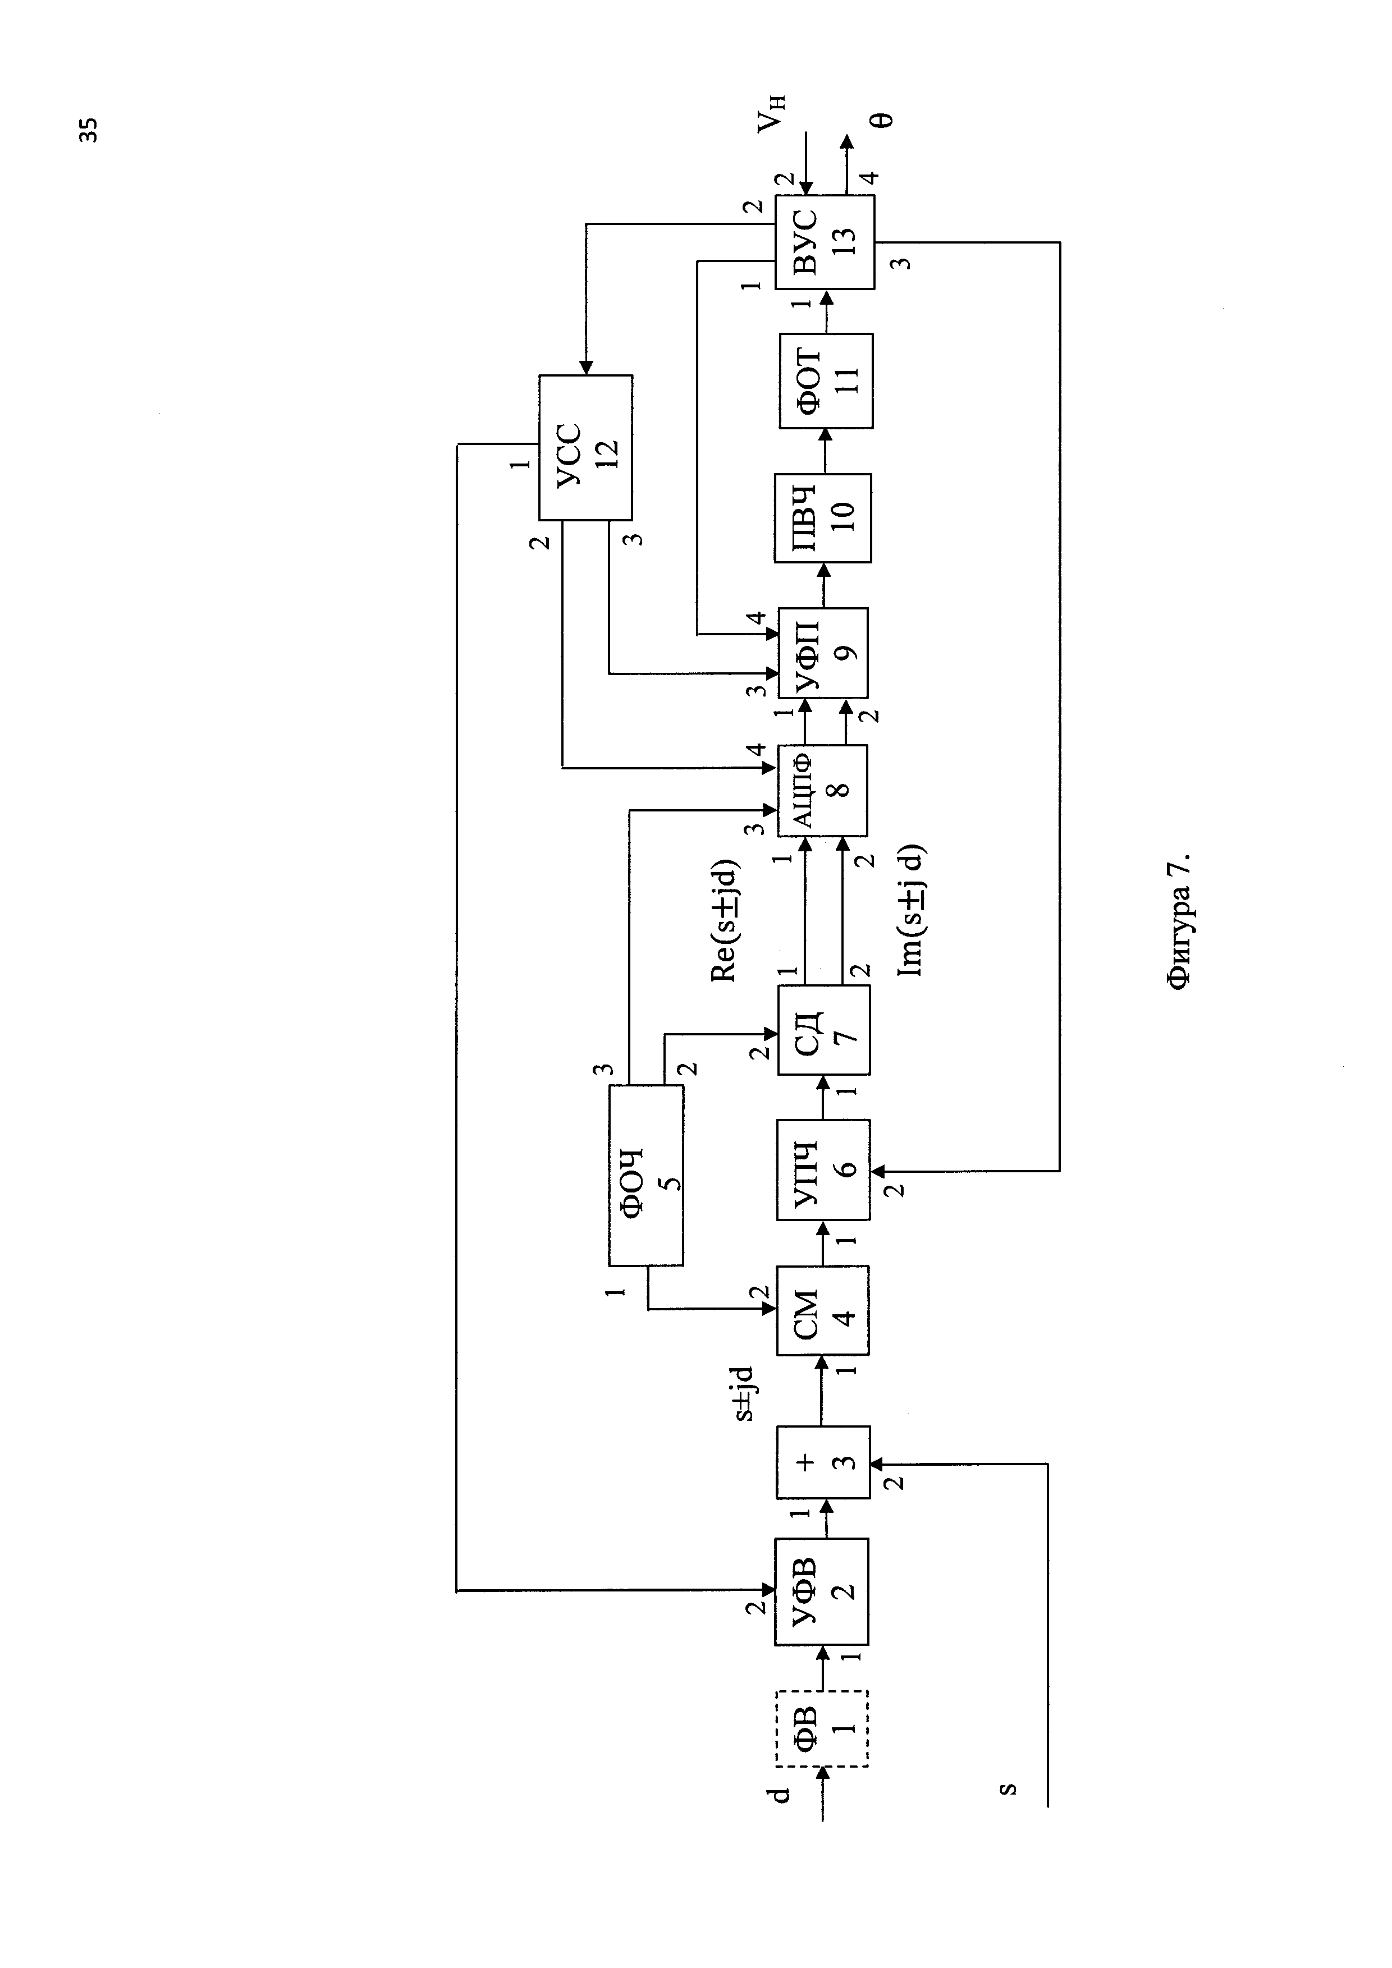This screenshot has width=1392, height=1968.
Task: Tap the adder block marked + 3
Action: pos(822,1462)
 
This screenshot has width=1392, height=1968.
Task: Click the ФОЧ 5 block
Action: pos(646,1175)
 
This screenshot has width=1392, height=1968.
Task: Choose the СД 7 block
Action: pos(822,1029)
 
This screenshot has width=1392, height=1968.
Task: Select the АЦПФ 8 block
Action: pos(821,790)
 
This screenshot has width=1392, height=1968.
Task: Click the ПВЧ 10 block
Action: pos(822,518)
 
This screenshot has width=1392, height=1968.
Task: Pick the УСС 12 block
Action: pos(585,447)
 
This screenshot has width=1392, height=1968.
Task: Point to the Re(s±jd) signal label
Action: pos(724,920)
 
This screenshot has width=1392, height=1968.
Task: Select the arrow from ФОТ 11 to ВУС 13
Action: pos(826,312)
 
